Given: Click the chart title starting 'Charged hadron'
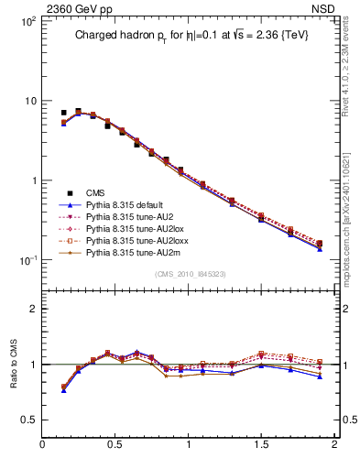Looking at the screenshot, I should (188, 37).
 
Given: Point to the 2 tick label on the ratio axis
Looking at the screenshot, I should (32, 309).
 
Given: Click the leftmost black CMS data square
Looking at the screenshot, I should (63, 113).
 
